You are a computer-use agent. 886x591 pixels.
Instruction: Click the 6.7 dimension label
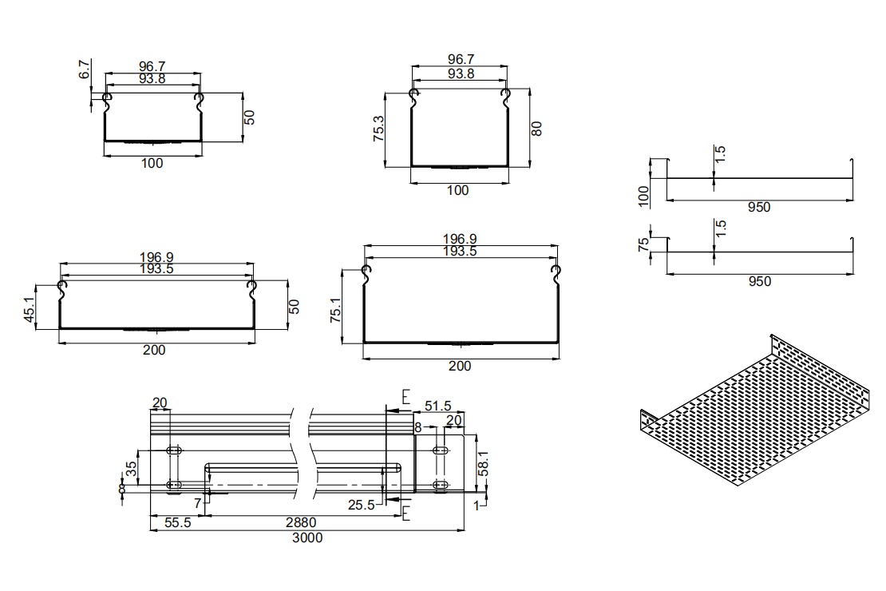click(x=85, y=69)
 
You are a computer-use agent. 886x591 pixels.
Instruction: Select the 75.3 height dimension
click(x=378, y=129)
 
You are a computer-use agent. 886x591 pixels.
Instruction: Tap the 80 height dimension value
click(x=537, y=128)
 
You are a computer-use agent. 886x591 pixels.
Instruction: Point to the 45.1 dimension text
click(x=30, y=309)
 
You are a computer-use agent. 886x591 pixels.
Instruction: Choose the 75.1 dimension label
click(x=335, y=309)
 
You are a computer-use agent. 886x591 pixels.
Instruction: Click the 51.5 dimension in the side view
click(x=439, y=407)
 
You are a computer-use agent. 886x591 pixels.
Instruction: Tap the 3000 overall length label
click(x=307, y=537)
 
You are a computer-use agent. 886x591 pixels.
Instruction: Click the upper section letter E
click(x=405, y=397)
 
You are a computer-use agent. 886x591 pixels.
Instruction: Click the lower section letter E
click(x=405, y=513)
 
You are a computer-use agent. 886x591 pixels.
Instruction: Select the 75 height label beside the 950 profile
click(x=644, y=244)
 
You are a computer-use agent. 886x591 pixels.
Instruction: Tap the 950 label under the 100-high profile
click(x=759, y=208)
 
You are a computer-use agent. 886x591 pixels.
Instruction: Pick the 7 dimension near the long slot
click(x=197, y=504)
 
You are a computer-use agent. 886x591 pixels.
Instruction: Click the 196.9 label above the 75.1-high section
click(x=460, y=239)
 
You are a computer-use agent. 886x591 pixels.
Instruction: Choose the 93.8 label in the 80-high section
click(x=461, y=73)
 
